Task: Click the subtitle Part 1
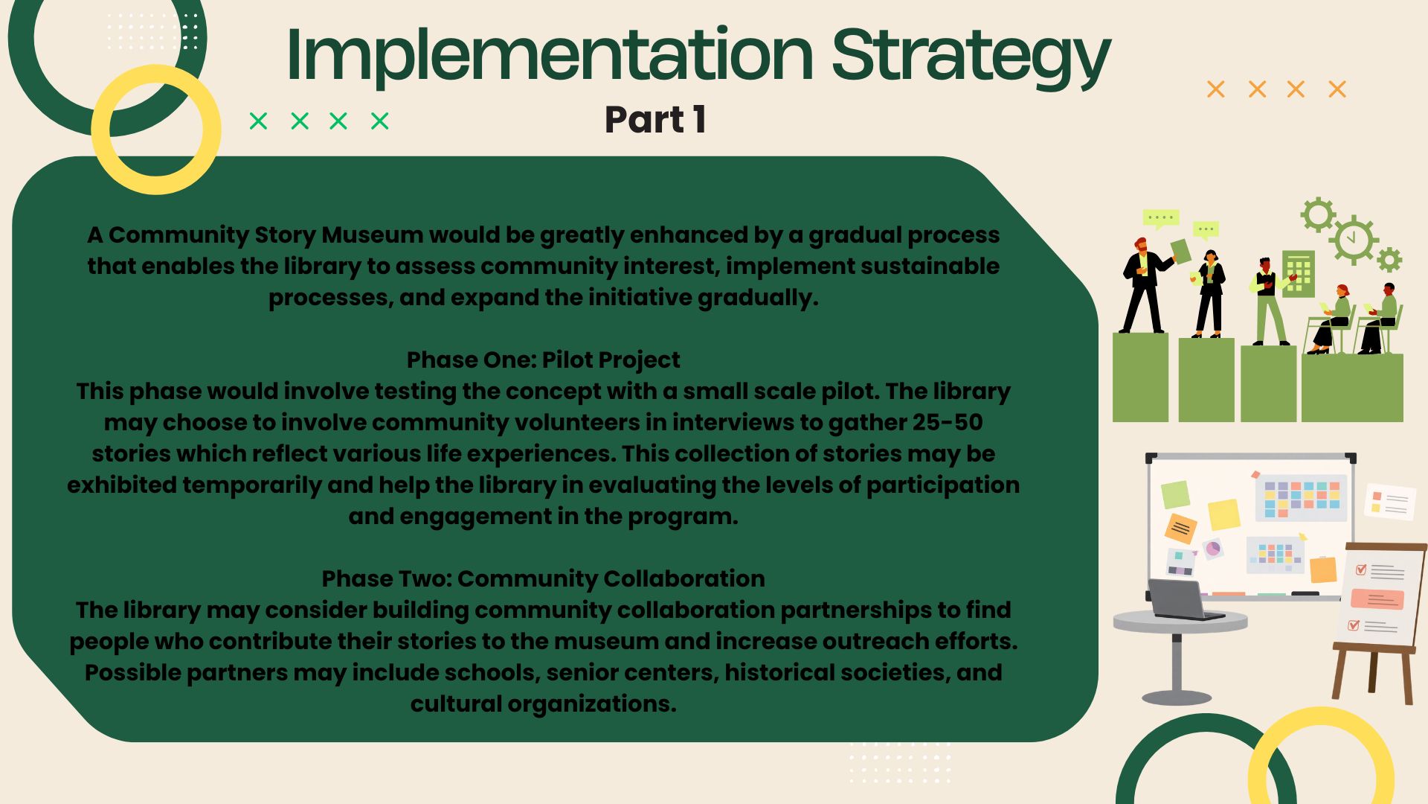pos(655,120)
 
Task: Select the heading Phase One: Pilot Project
pos(543,360)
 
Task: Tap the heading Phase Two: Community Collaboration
pos(543,578)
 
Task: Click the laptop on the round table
pos(1186,600)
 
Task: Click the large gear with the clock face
pos(1354,240)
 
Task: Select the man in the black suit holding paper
pos(1144,285)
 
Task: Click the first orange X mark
pos(1215,89)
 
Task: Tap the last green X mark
pos(379,121)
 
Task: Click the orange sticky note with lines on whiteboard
pos(1180,529)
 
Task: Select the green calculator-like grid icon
pos(1299,273)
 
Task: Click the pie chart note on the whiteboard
pos(1213,549)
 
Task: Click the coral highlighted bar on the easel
pos(1377,599)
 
